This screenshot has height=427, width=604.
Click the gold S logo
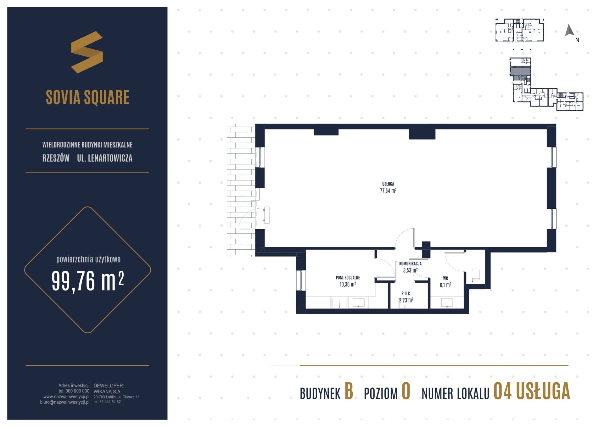click(87, 52)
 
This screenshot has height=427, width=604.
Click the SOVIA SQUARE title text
click(87, 97)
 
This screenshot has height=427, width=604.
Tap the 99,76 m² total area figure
click(87, 281)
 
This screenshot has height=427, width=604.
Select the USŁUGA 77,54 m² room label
click(388, 187)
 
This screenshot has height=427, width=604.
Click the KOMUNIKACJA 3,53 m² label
click(410, 267)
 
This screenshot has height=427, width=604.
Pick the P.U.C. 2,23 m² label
click(406, 297)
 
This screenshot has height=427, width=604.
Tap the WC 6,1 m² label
click(445, 282)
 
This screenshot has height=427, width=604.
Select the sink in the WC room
click(447, 303)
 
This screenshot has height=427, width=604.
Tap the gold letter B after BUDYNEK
click(349, 391)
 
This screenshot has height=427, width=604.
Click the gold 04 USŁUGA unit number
click(532, 391)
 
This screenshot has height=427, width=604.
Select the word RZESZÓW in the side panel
click(56, 158)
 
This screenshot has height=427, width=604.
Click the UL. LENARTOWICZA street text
click(105, 158)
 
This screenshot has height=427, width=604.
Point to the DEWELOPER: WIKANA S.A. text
click(109, 389)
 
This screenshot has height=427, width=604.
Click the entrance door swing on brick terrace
click(247, 219)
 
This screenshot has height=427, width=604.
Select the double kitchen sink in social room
click(339, 303)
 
